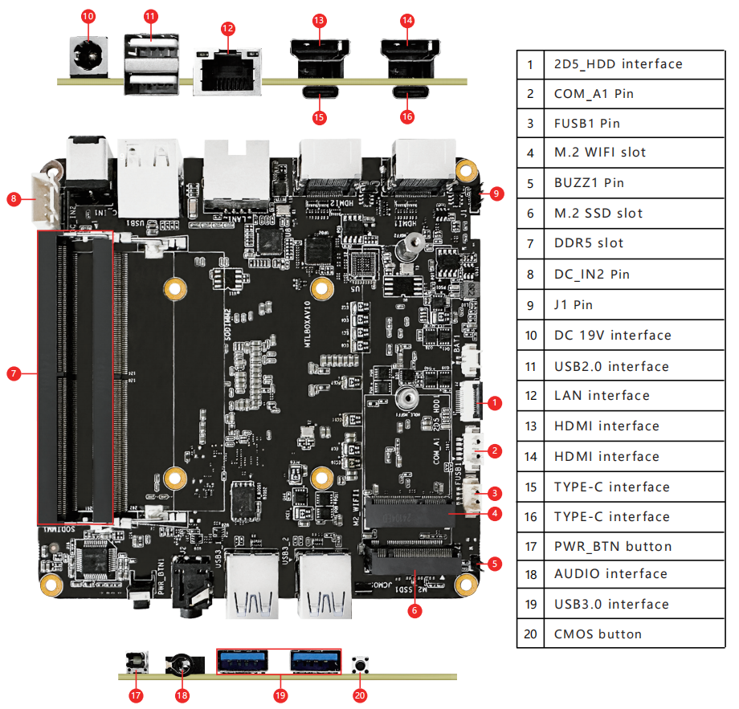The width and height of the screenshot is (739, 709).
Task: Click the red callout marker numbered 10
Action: pos(88,16)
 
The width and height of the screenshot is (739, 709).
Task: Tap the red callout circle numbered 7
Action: pos(13,373)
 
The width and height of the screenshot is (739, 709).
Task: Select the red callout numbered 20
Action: pos(360,695)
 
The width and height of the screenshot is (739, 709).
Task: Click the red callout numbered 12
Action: pos(228,28)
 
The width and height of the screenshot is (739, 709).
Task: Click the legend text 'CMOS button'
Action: pos(598,634)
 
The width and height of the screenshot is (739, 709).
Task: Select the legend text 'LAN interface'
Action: pos(602,395)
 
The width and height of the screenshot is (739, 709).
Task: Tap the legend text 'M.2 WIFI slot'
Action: pos(599,153)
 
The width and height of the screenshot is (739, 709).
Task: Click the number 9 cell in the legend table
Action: pos(530,305)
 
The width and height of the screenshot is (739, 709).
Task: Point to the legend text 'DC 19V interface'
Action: pos(612,335)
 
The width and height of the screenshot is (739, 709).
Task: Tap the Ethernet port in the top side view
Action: pos(228,75)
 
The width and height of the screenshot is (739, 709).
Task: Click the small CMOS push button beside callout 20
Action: pos(360,666)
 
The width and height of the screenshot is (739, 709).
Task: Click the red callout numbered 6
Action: pos(414,610)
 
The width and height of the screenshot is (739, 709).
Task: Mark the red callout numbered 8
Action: pos(13,198)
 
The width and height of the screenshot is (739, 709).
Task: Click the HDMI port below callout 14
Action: pos(407,56)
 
